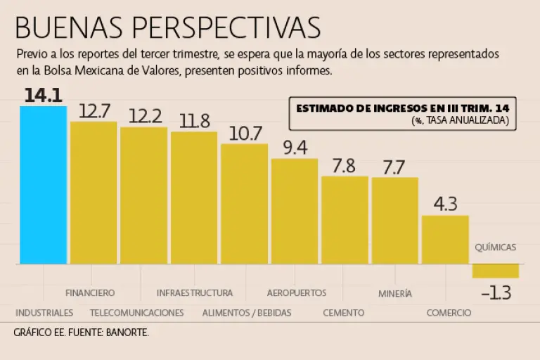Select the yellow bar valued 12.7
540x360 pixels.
[94, 193]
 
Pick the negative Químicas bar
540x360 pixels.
[496, 271]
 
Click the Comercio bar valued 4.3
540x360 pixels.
[445, 240]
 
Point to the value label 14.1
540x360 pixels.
[44, 96]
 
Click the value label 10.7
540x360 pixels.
[245, 133]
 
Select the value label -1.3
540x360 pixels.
[496, 293]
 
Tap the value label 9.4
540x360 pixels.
[295, 148]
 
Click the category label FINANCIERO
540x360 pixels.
[90, 292]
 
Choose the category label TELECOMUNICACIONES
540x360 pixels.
[137, 313]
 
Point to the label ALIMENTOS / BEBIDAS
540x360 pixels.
[246, 313]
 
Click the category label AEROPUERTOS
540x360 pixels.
[297, 292]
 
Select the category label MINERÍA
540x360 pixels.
[395, 293]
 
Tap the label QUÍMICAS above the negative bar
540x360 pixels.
[495, 247]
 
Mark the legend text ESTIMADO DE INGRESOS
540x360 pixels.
[366, 108]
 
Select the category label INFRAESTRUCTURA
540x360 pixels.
[195, 292]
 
